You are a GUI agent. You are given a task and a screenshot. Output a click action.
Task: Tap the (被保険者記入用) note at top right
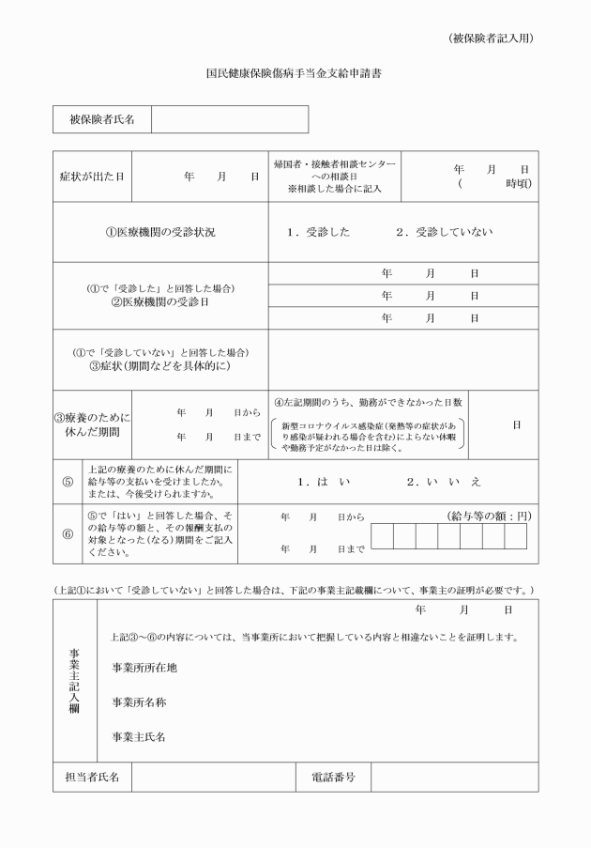coord(492,39)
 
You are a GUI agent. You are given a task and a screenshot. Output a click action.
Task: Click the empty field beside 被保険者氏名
coord(229,119)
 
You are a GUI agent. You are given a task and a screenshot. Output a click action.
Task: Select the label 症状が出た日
coord(92,177)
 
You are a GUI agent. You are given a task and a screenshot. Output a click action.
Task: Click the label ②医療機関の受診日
coord(159,302)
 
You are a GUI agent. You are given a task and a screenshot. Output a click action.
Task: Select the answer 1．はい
coord(324,481)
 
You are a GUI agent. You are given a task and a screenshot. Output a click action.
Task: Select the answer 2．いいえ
coord(445,481)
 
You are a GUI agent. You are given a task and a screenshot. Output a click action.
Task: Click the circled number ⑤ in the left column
coord(68,481)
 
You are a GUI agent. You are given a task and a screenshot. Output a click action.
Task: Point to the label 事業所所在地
coord(144,668)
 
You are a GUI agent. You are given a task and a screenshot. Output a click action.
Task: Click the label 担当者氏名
coord(92,777)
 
